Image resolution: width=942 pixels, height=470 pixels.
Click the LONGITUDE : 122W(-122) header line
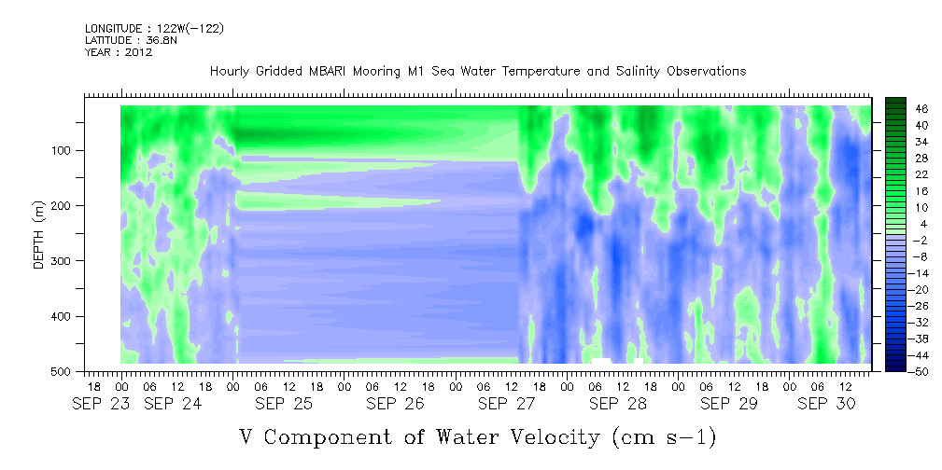tap(154, 29)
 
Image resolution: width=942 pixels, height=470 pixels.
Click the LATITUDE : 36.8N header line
tap(131, 40)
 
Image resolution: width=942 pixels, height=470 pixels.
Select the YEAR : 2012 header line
tap(119, 52)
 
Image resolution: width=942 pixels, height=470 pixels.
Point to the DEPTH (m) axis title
tap(39, 233)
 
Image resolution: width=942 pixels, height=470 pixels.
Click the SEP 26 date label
tap(395, 405)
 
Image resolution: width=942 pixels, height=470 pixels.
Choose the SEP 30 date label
tap(826, 405)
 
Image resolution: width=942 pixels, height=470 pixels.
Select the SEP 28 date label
tap(618, 405)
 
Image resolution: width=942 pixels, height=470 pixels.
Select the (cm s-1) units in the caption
tap(665, 437)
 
